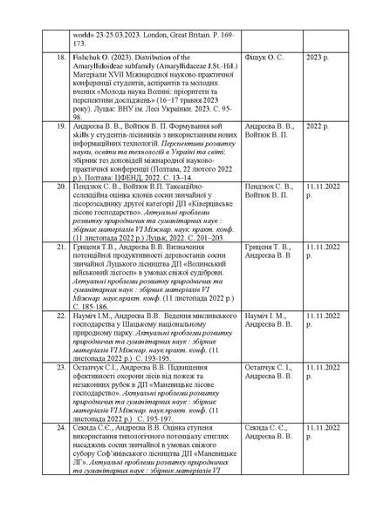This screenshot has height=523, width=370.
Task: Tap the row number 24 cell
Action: coord(59,428)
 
